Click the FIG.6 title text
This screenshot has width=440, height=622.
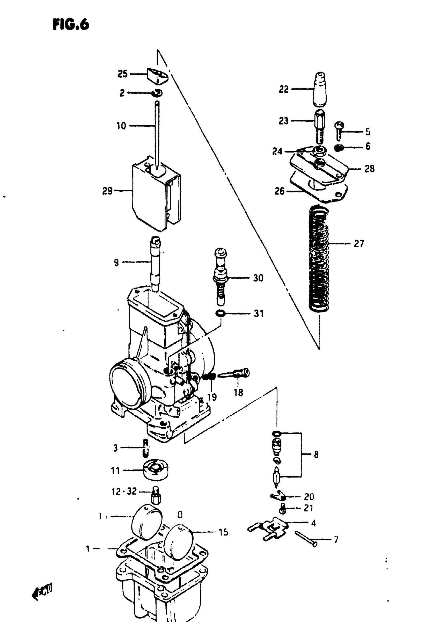71,25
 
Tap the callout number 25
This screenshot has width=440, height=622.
122,74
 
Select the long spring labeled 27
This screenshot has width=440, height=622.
319,259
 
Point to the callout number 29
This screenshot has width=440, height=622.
107,191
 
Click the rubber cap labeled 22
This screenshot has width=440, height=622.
320,89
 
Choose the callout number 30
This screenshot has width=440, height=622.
258,278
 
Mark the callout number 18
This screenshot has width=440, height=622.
238,393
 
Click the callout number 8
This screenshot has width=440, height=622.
316,454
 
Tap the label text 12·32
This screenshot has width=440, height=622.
124,491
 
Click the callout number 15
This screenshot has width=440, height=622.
224,532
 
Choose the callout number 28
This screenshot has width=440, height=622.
369,169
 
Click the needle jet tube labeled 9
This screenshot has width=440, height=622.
156,263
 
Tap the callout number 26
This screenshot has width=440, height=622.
280,191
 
